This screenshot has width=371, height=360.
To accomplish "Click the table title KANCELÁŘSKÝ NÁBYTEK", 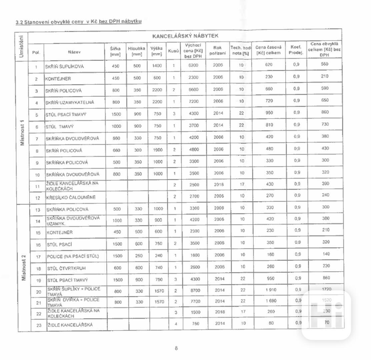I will [x=185, y=36].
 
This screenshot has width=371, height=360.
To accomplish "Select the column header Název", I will [x=74, y=52].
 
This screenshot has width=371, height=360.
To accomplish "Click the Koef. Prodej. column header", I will [x=296, y=50].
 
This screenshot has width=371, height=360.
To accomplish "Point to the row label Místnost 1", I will [x=22, y=132].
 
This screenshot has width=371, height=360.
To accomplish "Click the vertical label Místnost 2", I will [x=23, y=267].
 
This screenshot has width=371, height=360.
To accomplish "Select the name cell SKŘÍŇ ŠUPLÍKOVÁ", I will [x=65, y=66].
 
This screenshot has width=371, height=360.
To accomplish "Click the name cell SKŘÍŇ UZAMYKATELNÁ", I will [x=70, y=103].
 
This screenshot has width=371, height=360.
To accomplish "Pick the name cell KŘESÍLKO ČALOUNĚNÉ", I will [x=71, y=197].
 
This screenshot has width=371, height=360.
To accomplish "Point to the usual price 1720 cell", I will [x=327, y=289].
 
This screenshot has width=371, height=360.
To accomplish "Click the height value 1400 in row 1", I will [x=157, y=66].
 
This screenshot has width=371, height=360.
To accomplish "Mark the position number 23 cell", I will [x=38, y=325].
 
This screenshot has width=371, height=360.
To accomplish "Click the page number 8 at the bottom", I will [x=176, y=348].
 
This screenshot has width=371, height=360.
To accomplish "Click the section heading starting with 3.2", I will [x=79, y=22].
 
